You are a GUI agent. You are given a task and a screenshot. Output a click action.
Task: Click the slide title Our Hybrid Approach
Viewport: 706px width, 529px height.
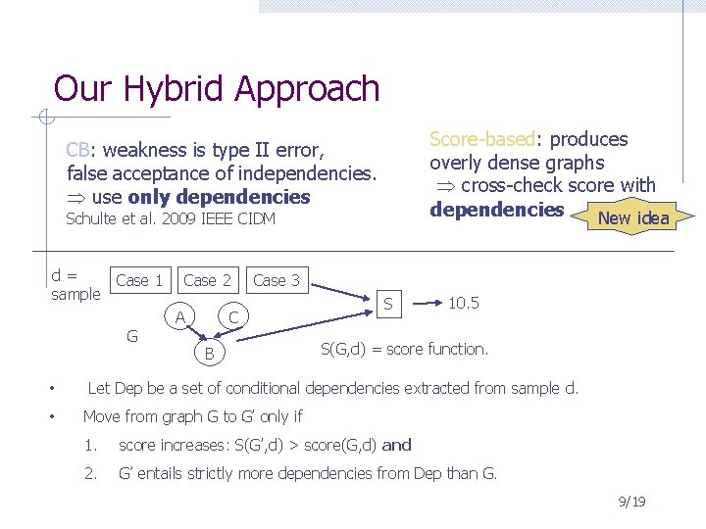216,89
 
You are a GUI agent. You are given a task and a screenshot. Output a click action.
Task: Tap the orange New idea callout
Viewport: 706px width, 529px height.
632,217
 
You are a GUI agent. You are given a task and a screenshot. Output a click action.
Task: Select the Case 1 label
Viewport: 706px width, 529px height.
139,280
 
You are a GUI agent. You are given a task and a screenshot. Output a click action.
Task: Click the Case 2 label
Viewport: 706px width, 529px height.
208,280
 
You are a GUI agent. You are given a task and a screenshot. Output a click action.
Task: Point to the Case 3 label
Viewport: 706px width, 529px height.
277,280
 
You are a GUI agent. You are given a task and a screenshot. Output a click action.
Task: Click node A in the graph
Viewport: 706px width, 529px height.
179,316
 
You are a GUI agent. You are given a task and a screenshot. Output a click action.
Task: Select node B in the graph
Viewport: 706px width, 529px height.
209,352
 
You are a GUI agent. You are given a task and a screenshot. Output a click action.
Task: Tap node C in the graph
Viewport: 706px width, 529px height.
234,316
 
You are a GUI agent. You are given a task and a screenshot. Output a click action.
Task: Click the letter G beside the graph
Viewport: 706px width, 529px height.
132,337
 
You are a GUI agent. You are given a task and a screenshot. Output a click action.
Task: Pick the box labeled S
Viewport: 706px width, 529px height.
388,305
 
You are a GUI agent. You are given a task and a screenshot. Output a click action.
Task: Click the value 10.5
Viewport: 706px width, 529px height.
463,303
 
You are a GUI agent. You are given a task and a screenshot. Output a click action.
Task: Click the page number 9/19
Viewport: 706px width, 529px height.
633,503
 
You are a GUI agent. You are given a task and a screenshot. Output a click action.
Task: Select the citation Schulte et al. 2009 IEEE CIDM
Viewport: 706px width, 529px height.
171,219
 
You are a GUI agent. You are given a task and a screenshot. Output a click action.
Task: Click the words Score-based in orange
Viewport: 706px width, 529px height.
479,139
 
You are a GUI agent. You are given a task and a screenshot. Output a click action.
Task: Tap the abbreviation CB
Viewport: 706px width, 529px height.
78,150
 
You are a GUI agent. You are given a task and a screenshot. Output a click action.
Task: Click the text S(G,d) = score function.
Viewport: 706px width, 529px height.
404,349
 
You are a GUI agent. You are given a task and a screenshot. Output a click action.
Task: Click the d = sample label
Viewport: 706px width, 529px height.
76,285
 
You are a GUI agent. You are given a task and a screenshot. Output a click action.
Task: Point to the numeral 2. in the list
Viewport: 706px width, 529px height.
91,474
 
